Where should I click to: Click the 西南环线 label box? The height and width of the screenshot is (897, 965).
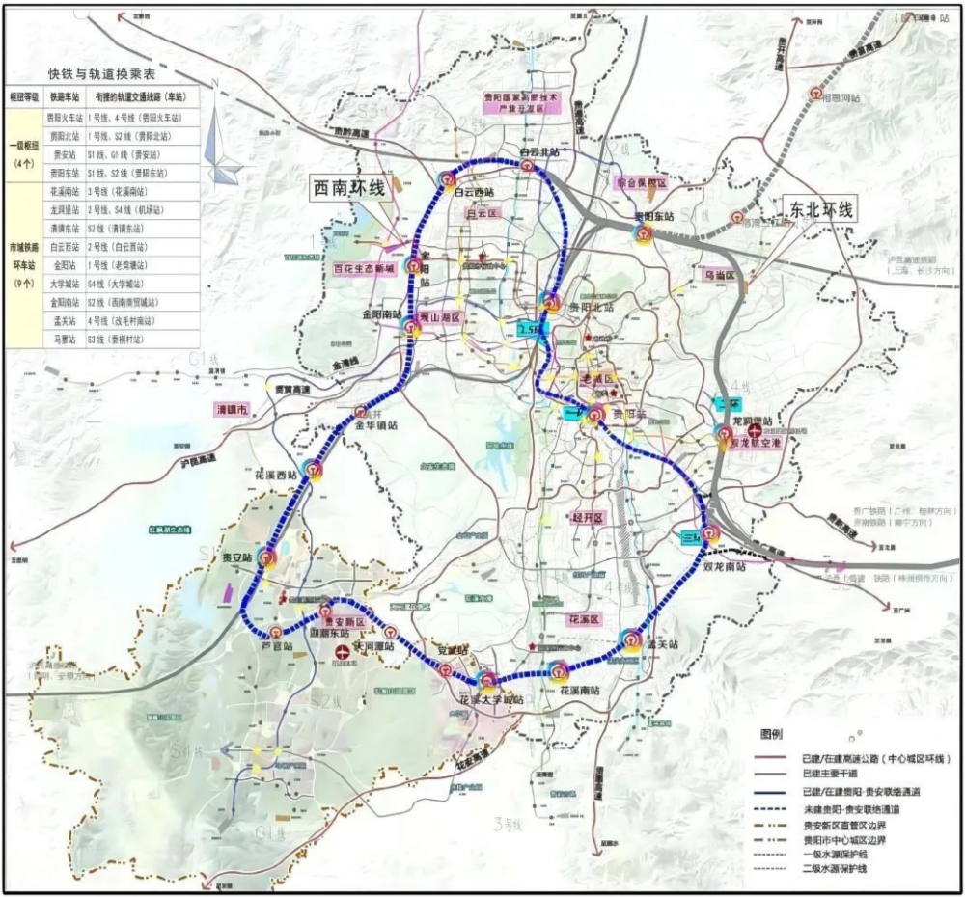pos(347,189)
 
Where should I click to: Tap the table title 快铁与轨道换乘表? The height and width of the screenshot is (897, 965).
pos(102,74)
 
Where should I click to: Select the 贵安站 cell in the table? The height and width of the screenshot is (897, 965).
pos(65,153)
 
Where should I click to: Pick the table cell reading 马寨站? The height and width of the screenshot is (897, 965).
pos(65,340)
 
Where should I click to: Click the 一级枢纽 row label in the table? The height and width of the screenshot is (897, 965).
pos(24,144)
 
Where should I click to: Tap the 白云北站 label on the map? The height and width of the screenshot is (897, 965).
pos(538,152)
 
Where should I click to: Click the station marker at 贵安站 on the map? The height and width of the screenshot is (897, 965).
pos(266,557)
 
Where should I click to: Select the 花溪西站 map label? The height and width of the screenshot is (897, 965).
pos(273,475)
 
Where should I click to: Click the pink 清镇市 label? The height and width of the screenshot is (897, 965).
pos(232,410)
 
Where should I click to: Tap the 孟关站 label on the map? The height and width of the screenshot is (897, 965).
pos(662,643)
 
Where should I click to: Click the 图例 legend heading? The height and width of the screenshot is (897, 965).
pos(774,734)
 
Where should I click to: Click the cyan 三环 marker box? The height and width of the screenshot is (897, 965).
pos(691,537)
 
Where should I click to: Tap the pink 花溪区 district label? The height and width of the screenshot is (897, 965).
pos(585,619)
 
